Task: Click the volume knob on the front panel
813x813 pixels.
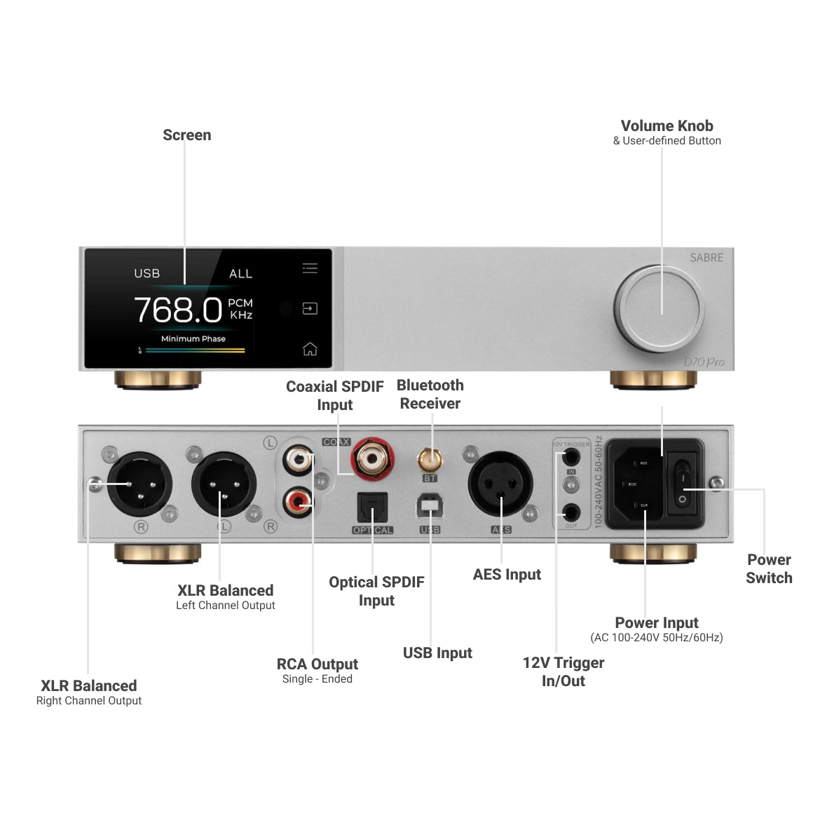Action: point(660,308)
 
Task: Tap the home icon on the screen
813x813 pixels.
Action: point(310,348)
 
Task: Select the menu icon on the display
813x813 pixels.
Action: point(310,268)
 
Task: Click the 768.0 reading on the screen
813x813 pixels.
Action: point(177,309)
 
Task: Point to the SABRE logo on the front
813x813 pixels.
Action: point(706,258)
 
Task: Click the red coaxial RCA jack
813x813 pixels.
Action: point(371,459)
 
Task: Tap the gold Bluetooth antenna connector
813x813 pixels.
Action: point(430,460)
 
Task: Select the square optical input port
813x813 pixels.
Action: point(372,507)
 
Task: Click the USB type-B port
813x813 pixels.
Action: point(430,506)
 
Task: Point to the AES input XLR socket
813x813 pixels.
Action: point(500,484)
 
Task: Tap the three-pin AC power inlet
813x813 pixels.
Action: point(636,484)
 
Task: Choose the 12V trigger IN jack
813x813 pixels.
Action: point(572,457)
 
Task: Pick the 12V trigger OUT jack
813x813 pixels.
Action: point(572,512)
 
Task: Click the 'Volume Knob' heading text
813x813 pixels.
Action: point(667,126)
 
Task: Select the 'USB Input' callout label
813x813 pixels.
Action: point(437,653)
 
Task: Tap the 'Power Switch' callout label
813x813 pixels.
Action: point(769,569)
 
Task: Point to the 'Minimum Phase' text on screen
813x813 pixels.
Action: point(193,339)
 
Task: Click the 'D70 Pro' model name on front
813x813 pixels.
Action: point(704,362)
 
